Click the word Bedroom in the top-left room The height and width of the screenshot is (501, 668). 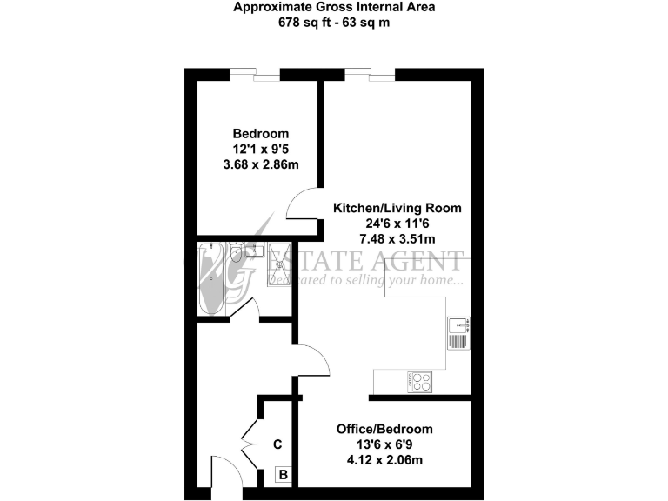coord(260,134)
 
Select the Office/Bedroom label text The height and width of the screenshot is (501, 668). coord(384,430)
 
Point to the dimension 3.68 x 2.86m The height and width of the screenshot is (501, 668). coord(260,164)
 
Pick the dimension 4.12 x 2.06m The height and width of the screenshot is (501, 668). coord(384,461)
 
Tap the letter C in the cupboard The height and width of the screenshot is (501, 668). coord(277,444)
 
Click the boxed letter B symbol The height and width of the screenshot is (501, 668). coord(283,475)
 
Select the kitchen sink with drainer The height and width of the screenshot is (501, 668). coord(458,333)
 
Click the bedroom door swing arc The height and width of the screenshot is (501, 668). coord(301,205)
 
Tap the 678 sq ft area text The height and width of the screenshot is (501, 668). coord(333,23)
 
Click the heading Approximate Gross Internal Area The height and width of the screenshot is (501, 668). coord(333,8)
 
